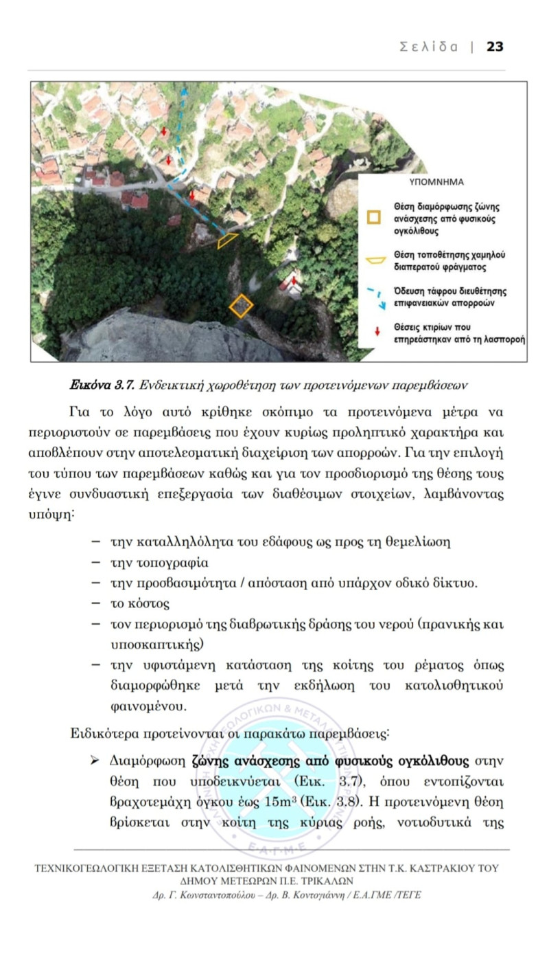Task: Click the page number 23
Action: [495, 47]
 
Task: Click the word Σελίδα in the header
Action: [428, 47]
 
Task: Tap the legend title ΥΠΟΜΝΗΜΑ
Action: [436, 183]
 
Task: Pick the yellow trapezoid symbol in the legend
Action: [375, 260]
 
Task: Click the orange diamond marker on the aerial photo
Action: [241, 305]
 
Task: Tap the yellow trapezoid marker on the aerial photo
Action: [228, 240]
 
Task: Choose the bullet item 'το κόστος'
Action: [139, 604]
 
